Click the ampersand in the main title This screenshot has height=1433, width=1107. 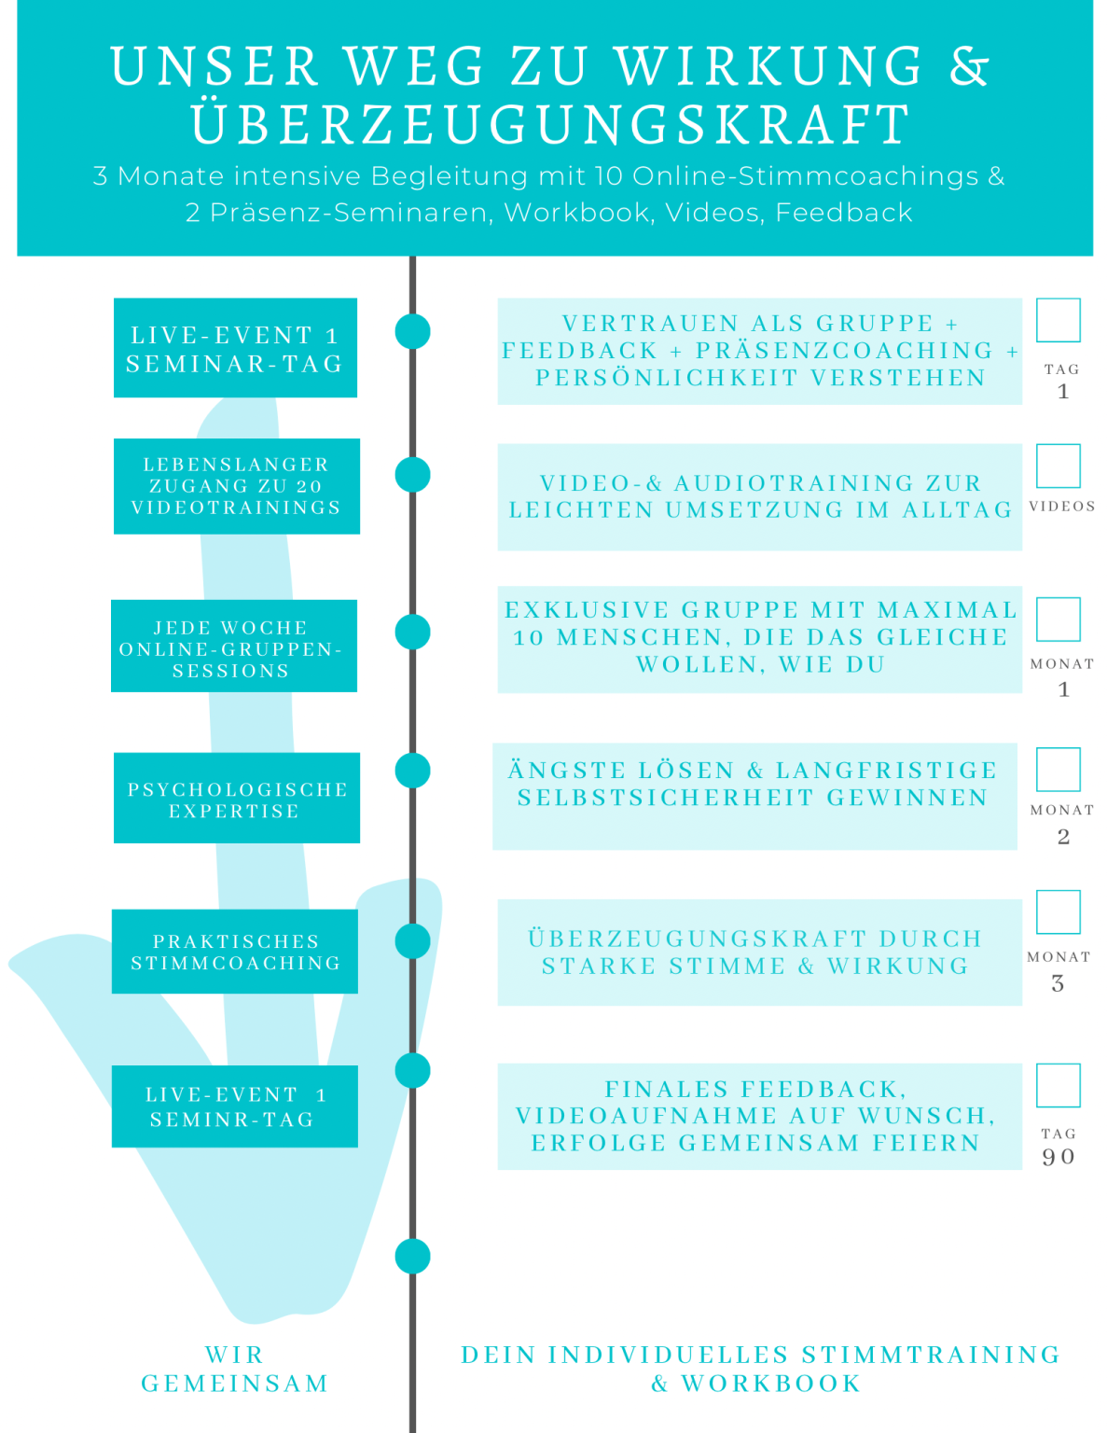(x=969, y=66)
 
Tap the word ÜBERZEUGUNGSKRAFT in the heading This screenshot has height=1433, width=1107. (x=551, y=123)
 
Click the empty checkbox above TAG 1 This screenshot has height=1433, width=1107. (x=1059, y=320)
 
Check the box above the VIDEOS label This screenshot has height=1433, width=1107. (x=1059, y=466)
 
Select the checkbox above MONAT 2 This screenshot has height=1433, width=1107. (x=1059, y=769)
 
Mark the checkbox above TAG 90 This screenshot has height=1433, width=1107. (x=1059, y=1085)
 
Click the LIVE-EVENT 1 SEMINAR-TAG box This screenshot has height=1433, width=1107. (x=235, y=348)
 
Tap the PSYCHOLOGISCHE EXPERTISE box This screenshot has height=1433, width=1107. (x=237, y=798)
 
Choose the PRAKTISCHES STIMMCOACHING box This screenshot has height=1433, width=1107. (x=235, y=951)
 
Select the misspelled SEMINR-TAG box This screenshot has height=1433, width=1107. (x=235, y=1106)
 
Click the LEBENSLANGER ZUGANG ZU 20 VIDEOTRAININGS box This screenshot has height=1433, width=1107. (x=237, y=486)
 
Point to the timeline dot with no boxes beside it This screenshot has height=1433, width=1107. (x=412, y=1257)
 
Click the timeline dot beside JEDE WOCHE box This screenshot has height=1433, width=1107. (x=412, y=632)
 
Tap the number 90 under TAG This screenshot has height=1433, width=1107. (x=1059, y=1157)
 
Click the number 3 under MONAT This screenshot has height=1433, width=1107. (x=1058, y=983)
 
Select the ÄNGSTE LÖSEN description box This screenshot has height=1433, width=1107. (x=754, y=796)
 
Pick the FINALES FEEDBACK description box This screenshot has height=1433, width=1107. (x=760, y=1117)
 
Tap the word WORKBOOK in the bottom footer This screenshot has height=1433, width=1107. (x=771, y=1383)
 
